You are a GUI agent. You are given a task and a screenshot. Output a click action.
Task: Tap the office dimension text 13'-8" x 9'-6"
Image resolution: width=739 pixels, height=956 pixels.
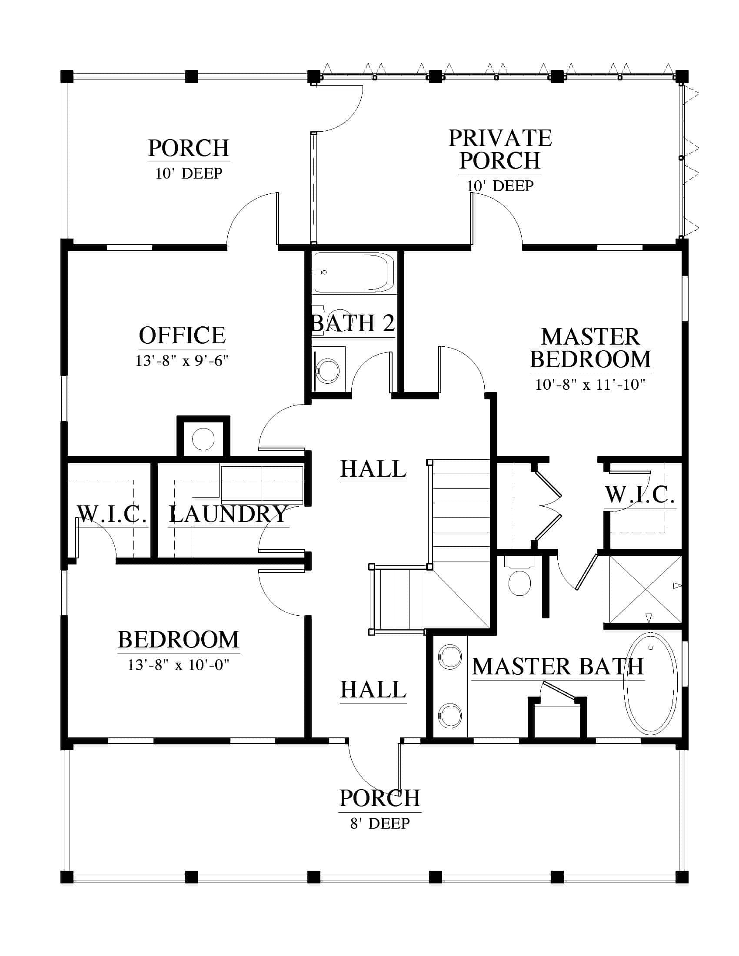(182, 361)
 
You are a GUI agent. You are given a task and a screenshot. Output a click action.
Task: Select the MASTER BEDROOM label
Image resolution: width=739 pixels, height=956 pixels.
(590, 348)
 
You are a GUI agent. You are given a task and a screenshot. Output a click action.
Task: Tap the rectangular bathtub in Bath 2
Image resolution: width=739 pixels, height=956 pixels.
(354, 272)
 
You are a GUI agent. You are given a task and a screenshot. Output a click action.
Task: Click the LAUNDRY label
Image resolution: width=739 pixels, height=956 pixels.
(228, 514)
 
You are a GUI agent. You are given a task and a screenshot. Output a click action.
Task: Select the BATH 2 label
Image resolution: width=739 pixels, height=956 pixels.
(353, 323)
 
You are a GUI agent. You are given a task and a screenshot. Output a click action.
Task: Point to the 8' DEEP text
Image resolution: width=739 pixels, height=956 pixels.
(380, 823)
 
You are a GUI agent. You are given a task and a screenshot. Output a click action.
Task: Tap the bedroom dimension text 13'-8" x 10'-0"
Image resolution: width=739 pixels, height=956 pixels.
(179, 665)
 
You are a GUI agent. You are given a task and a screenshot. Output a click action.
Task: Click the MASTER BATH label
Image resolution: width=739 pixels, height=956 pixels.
(558, 667)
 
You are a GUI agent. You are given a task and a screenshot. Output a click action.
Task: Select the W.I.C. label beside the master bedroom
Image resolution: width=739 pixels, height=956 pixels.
(639, 495)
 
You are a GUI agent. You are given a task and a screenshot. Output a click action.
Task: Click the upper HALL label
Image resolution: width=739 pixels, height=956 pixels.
(373, 469)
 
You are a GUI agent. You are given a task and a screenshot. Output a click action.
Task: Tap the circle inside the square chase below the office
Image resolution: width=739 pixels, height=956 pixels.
(203, 438)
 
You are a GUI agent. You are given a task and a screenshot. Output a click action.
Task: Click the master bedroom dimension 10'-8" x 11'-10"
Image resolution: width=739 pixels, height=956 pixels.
(590, 385)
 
